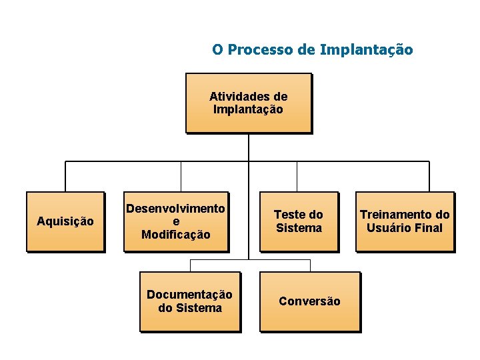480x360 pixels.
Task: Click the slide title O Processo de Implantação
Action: pos(312,50)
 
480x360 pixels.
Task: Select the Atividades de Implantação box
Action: pos(248,103)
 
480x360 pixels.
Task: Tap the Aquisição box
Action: pos(65,221)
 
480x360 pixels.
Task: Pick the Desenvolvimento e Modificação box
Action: pos(176,221)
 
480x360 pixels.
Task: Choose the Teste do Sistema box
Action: pos(298,221)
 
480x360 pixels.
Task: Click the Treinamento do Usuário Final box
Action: pos(405,221)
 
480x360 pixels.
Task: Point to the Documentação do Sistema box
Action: pos(189,301)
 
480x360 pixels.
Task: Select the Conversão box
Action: pos(309,301)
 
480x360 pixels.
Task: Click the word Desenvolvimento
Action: pos(176,209)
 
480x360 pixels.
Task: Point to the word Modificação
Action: pos(176,235)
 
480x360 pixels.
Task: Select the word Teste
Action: pos(289,215)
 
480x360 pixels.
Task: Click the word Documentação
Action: pos(189,295)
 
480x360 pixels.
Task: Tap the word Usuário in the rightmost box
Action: pos(391,228)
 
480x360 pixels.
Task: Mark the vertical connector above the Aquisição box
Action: pos(65,177)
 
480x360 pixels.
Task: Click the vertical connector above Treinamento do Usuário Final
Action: pos(429,177)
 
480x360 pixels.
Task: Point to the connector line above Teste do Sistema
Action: pos(297,177)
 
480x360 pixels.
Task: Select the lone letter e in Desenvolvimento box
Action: pos(176,222)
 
